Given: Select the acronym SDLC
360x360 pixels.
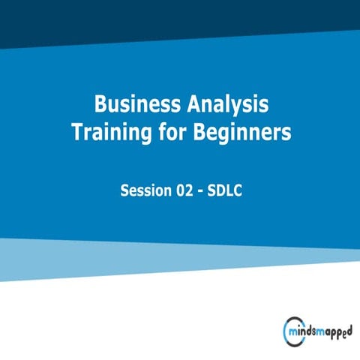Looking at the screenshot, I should pos(226,190).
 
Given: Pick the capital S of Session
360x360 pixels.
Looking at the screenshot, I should pos(126,190).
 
